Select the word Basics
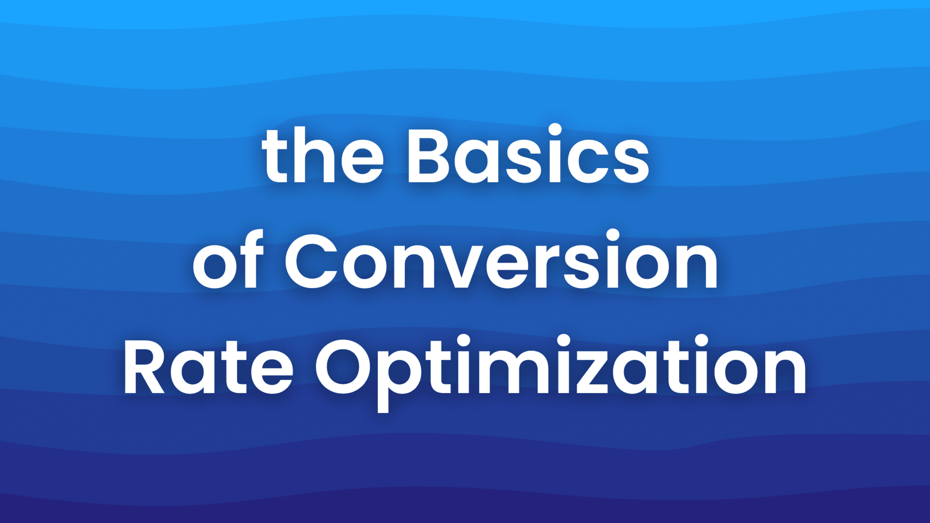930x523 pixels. click(528, 156)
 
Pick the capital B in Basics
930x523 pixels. click(429, 156)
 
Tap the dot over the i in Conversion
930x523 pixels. click(613, 235)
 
